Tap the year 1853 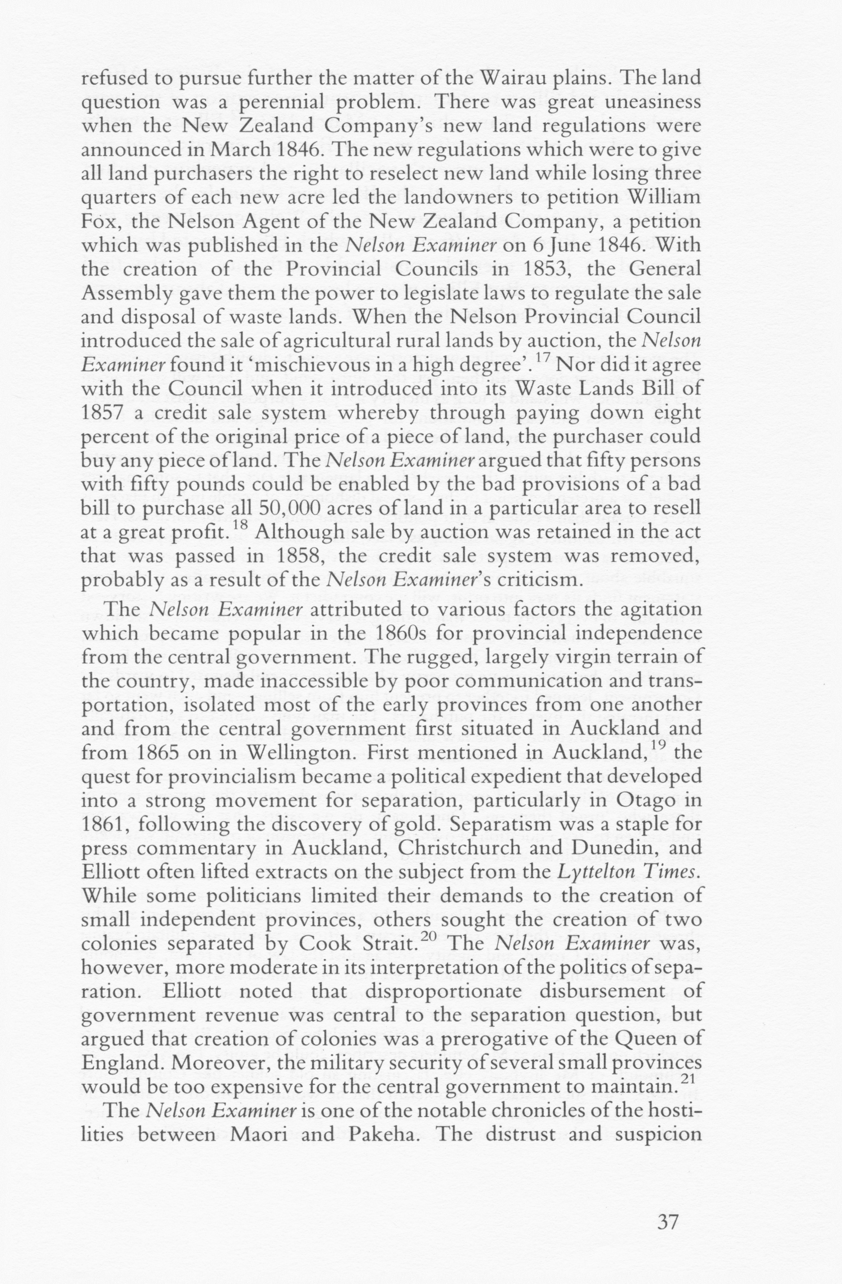pos(545,269)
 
